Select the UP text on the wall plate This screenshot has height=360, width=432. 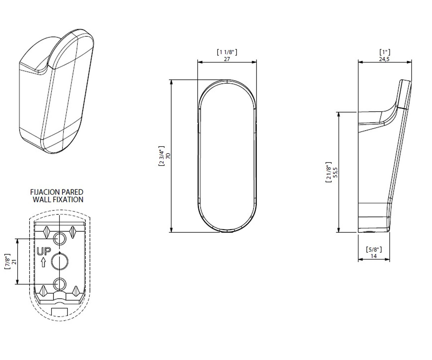coord(44,251)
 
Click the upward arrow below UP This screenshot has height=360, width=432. coord(43,262)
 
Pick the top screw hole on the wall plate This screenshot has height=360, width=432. coord(60,239)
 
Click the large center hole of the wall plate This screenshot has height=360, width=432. coord(60,262)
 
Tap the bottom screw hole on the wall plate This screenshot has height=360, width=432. coord(60,284)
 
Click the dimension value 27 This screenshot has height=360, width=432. coord(227,59)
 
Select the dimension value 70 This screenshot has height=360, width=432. coord(168,156)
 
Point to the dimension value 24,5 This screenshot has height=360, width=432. coord(384,59)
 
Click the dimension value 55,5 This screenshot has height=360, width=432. coord(336,172)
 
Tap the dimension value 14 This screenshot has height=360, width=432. coord(374,256)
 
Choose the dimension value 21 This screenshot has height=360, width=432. coord(14,262)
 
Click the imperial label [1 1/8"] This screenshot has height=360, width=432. coord(227,52)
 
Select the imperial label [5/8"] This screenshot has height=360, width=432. coord(374,249)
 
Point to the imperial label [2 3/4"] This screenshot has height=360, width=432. coord(161,156)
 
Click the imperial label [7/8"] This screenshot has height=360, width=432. coord(8,261)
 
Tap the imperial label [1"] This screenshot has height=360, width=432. coord(385,52)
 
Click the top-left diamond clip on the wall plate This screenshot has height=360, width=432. coord(46,232)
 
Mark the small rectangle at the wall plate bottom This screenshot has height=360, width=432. coord(59,312)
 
